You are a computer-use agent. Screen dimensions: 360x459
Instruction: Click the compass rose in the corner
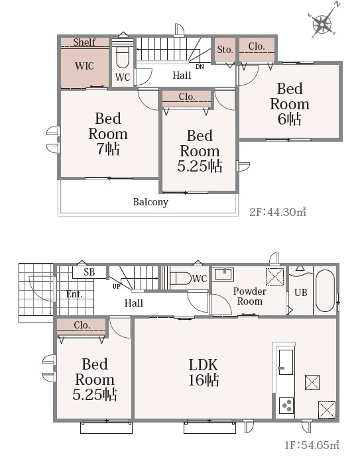[x=323, y=23]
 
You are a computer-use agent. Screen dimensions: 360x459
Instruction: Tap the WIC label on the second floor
[x=84, y=66]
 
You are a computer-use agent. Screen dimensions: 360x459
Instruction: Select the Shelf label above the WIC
[x=84, y=42]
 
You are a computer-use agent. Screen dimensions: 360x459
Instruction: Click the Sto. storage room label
[x=225, y=50]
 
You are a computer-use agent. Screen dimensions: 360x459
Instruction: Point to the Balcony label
[x=150, y=202]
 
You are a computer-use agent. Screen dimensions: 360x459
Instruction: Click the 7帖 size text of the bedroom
[x=108, y=149]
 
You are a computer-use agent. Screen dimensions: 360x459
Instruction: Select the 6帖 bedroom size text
[x=290, y=119]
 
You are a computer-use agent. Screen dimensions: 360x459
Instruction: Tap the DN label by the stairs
[x=200, y=67]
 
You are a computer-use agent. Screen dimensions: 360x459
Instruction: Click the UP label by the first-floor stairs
[x=116, y=287]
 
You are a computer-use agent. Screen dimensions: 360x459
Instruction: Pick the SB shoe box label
[x=90, y=272]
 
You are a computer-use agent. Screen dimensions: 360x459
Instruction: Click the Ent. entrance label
[x=74, y=294]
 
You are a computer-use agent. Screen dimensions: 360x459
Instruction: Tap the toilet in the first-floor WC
[x=180, y=278]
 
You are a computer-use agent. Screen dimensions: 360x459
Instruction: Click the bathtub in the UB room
[x=326, y=291]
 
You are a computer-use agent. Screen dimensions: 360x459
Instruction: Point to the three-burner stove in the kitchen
[x=286, y=405]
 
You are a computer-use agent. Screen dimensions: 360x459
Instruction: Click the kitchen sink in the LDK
[x=286, y=362]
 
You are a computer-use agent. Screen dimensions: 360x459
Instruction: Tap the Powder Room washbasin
[x=224, y=274]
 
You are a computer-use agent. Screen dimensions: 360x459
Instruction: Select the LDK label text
[x=204, y=365]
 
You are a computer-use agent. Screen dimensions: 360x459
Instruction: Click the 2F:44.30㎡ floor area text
[x=278, y=211]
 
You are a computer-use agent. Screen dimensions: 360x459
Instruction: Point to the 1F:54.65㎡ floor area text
[x=312, y=445]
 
